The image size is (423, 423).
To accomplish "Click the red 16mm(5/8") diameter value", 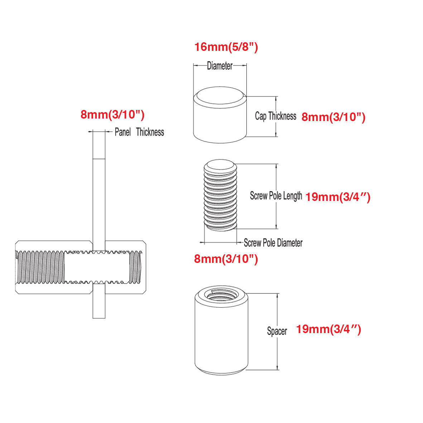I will pos(226,47).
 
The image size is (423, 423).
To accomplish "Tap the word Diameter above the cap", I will pos(220,66).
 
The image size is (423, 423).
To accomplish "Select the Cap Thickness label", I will pos(275,116).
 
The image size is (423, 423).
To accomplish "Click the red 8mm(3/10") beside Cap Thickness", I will pos(333,117).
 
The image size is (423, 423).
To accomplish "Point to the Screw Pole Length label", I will pos(276,196).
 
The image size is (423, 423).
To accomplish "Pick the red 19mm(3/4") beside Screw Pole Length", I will pos(337,197).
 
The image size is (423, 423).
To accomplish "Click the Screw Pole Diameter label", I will pos(273,243).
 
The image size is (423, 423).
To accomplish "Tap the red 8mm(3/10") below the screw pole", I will pos(226,259).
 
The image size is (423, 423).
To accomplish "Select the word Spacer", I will pos(277,331).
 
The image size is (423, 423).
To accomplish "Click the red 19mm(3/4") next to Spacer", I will pos(328,329).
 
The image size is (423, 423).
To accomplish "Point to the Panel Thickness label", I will pos(139,132).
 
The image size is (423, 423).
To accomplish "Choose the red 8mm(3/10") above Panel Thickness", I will pos(112,115).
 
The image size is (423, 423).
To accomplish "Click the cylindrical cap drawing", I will pos(220,118).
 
